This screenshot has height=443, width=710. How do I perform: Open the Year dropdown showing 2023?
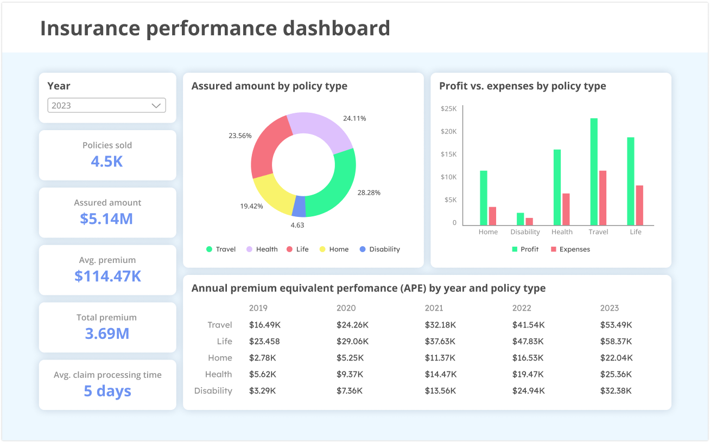106,105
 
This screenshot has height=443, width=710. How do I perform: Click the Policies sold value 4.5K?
107,162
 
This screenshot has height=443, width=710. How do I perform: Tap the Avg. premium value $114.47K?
107,276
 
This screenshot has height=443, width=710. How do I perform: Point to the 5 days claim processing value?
107,391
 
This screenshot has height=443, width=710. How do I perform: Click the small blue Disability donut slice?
299,206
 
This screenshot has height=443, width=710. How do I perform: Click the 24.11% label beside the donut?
354,118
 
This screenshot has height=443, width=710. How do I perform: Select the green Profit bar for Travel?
594,171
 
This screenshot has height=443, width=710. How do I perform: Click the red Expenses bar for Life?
639,205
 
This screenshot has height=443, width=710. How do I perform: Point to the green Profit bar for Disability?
520,219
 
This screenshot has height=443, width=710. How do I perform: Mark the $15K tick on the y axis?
449,154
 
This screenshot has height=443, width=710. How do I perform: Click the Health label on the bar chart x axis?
562,232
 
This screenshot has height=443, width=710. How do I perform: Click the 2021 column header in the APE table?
434,308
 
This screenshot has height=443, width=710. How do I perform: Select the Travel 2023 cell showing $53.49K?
616,325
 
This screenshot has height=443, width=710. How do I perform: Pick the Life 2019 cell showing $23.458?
264,342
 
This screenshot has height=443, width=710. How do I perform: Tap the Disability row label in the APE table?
213,391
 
